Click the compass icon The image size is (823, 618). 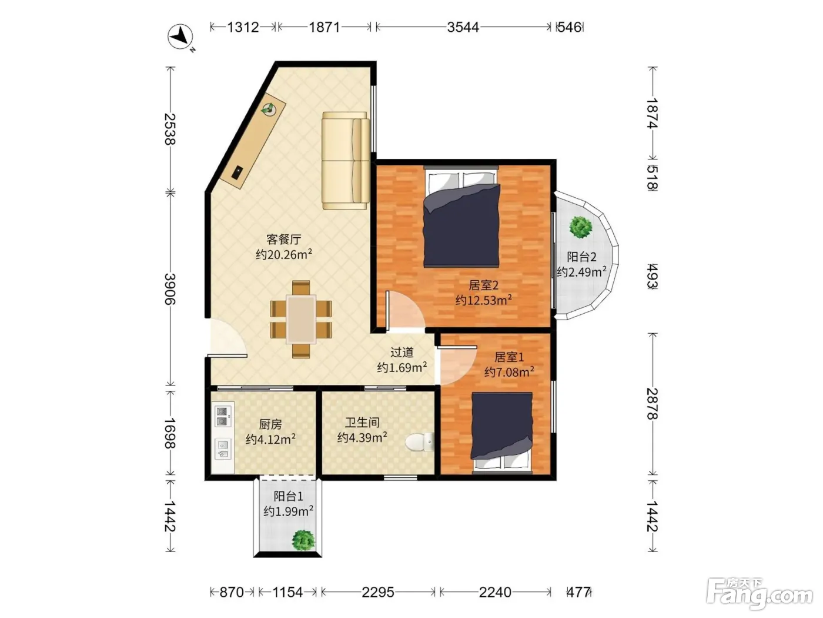pyautogui.click(x=180, y=36)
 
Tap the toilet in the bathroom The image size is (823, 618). pyautogui.click(x=420, y=442)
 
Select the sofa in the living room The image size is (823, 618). pyautogui.click(x=345, y=161)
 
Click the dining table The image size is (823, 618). pyautogui.click(x=301, y=320)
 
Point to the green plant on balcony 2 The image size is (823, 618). pyautogui.click(x=580, y=227)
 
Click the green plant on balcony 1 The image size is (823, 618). pyautogui.click(x=304, y=540)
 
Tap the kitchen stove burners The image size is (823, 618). pyautogui.click(x=222, y=416)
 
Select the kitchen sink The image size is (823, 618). pyautogui.click(x=223, y=449)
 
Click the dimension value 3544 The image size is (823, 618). pyautogui.click(x=463, y=28)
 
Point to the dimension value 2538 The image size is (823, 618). pyautogui.click(x=170, y=129)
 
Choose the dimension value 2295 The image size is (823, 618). pyautogui.click(x=378, y=592)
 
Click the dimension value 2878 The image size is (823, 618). pyautogui.click(x=653, y=404)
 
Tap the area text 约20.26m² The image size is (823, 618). pyautogui.click(x=284, y=254)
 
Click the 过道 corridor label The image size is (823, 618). pyautogui.click(x=402, y=353)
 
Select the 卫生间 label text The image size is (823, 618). pyautogui.click(x=362, y=423)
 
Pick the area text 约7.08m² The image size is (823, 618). pyautogui.click(x=509, y=372)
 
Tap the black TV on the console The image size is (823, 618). pyautogui.click(x=237, y=173)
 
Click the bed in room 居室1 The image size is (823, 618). pyautogui.click(x=502, y=433)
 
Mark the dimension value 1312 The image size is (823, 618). pyautogui.click(x=243, y=28)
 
